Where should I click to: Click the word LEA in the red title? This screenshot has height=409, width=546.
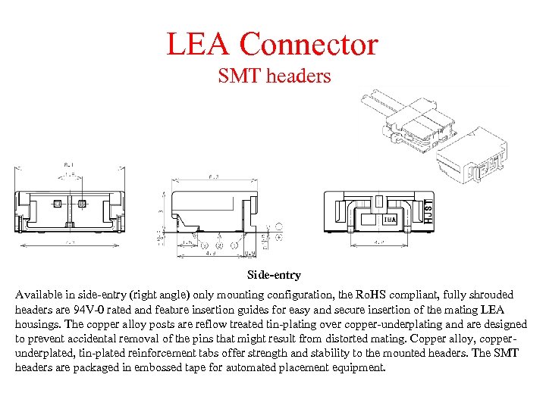pos(199,44)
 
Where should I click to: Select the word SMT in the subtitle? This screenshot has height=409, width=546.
pos(237,76)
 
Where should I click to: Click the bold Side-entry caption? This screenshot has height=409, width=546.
pos(274,275)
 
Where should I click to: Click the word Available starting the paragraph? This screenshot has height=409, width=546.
pos(39,295)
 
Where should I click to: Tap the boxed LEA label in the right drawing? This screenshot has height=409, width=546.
pos(388,220)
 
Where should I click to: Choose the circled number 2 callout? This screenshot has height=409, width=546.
pos(220,245)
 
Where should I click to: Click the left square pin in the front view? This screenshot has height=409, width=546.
pos(58,203)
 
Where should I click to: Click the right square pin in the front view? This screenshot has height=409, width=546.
pos(82,203)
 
